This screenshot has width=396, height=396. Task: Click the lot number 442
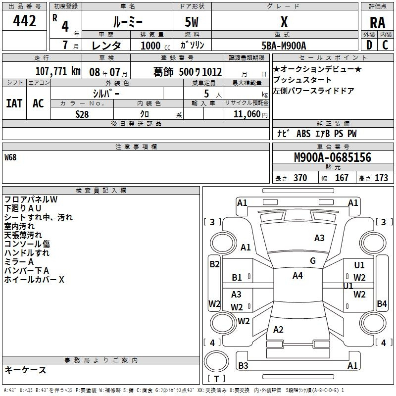click(24, 20)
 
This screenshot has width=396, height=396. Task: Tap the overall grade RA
click(378, 23)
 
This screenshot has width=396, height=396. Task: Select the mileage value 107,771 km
click(58, 71)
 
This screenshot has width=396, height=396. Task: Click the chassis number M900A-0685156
click(333, 157)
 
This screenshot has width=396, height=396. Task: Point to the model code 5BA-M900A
click(284, 46)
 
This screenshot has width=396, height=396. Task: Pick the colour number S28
click(82, 114)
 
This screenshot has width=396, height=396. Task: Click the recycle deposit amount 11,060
click(247, 114)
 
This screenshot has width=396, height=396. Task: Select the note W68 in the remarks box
click(10, 157)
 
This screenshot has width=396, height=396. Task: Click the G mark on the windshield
click(313, 261)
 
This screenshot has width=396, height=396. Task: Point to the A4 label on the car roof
click(297, 276)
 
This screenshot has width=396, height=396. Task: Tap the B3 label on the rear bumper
click(243, 365)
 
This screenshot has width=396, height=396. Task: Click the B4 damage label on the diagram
click(382, 303)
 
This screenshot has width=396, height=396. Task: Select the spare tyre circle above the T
click(216, 361)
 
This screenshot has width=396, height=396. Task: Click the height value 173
click(381, 178)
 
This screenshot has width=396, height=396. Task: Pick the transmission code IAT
click(14, 103)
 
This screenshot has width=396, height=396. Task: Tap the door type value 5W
click(192, 22)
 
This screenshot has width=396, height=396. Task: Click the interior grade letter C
click(385, 45)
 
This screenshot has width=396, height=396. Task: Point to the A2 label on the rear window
click(278, 330)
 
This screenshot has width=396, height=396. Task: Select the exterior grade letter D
click(369, 45)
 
